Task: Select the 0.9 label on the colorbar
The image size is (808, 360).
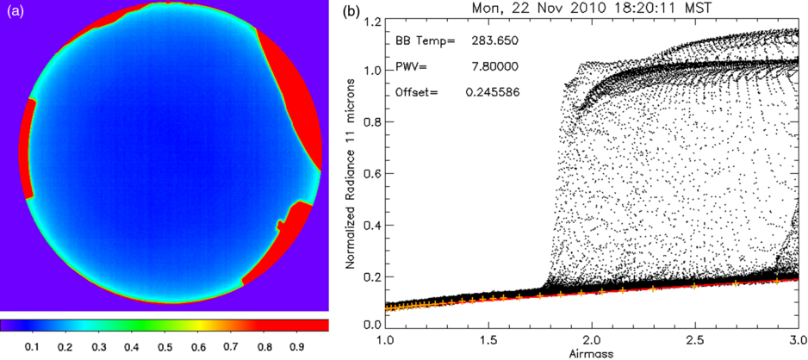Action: [x=296, y=346]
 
